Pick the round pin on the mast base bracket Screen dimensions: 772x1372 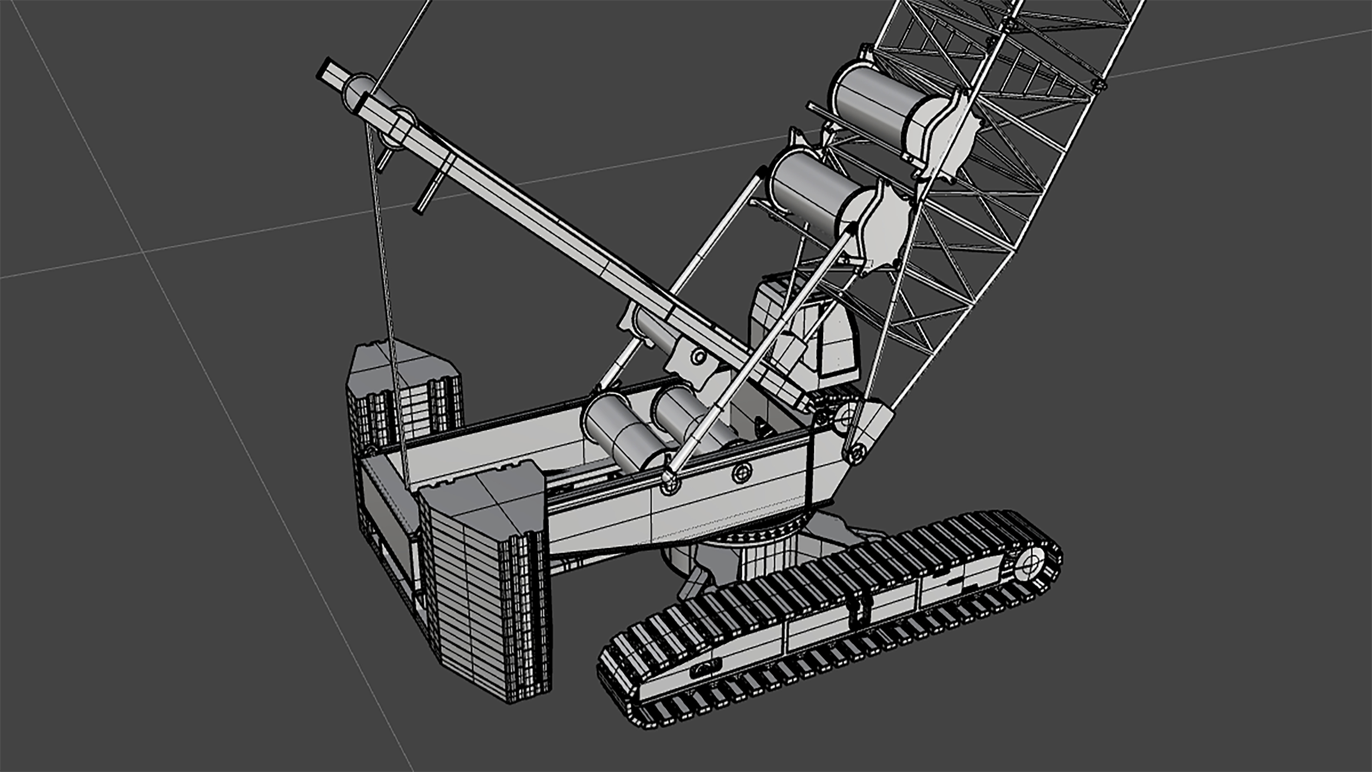699,356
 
